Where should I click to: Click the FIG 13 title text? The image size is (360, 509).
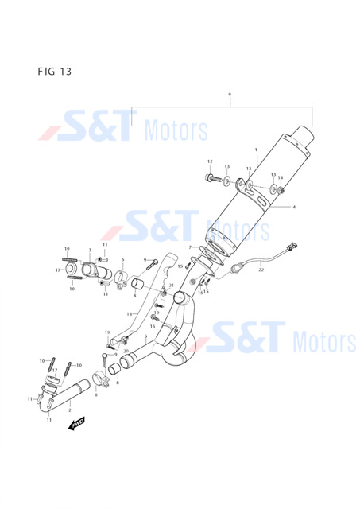click(55, 71)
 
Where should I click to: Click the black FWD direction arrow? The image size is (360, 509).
click(76, 423)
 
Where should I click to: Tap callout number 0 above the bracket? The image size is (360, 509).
click(230, 94)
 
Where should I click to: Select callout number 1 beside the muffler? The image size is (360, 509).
click(256, 150)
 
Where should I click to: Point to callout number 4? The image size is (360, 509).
click(294, 207)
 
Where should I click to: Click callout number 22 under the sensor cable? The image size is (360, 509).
click(261, 270)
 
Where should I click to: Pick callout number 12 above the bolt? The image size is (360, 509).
click(210, 161)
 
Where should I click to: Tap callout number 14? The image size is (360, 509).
click(281, 177)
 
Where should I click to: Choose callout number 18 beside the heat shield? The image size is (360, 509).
click(130, 314)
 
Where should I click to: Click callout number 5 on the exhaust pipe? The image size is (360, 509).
click(146, 336)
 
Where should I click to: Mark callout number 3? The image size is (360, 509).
click(90, 250)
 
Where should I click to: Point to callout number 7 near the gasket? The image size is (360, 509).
click(191, 247)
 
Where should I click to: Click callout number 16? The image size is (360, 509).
click(153, 326)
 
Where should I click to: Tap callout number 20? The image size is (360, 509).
click(126, 351)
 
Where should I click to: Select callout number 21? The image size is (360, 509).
click(171, 286)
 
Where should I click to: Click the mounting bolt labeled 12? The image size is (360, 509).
click(213, 178)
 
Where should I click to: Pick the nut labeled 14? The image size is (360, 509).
click(281, 190)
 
